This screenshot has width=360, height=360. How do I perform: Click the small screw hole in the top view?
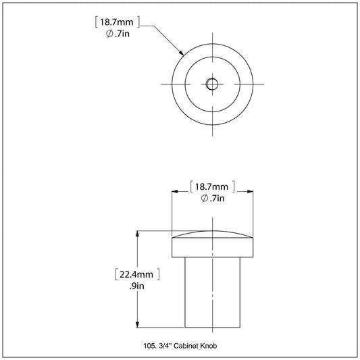212,84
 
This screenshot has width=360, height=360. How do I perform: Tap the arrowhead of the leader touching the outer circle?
182,53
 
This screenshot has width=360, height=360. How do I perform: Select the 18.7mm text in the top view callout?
116,22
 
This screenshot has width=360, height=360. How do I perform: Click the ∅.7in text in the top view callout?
118,34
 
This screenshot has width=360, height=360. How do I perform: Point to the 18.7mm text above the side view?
211,186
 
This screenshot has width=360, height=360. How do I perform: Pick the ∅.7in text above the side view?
213,198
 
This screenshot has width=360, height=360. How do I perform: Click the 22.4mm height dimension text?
136,274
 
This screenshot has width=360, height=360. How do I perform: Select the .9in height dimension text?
137,286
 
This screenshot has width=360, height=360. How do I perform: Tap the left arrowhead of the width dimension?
175,192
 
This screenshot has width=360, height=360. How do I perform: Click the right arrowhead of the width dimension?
250,192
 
